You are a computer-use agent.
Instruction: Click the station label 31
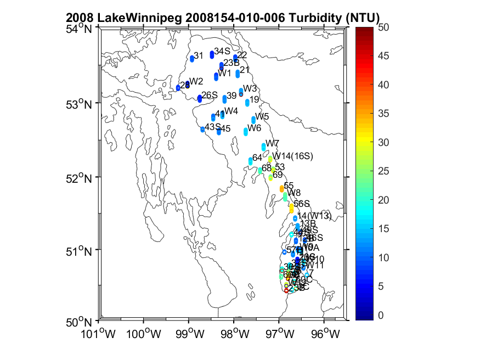[199, 55]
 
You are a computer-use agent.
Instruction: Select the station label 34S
[222, 51]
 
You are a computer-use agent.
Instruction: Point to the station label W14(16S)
[293, 156]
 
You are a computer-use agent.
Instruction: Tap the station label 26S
[210, 95]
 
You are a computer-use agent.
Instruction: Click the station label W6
[254, 128]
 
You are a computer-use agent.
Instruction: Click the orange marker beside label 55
[282, 189]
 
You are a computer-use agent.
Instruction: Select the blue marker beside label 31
[192, 58]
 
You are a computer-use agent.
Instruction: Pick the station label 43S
[212, 126]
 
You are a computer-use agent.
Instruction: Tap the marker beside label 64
[251, 161]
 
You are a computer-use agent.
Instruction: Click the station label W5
[262, 116]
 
